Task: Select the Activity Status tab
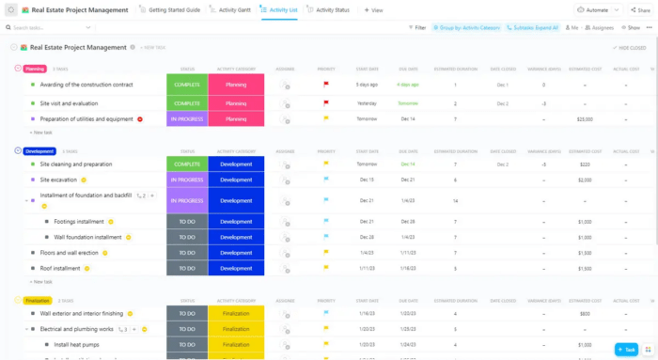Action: (331, 9)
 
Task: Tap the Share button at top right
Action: (640, 9)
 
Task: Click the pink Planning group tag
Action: (34, 69)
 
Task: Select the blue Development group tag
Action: (39, 150)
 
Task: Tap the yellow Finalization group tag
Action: (38, 301)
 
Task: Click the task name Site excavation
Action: (58, 180)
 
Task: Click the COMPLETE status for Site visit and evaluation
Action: (186, 103)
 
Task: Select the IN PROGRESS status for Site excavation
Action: (186, 180)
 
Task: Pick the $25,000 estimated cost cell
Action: (585, 119)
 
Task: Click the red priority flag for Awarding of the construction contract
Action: (325, 85)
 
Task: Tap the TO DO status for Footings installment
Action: (186, 222)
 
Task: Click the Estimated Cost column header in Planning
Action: (585, 69)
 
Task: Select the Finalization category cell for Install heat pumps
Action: (236, 345)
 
